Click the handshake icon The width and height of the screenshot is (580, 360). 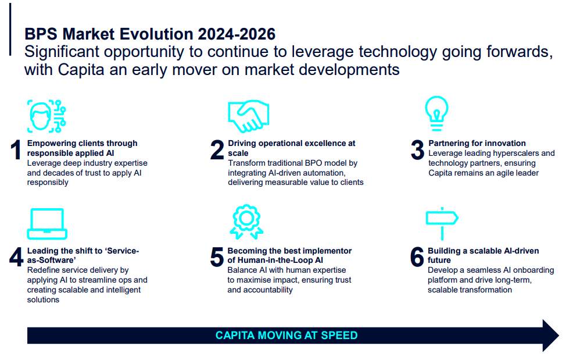(x=248, y=116)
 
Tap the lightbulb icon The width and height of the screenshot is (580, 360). (x=436, y=113)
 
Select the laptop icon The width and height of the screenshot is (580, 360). (x=47, y=224)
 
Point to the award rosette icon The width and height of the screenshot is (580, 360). (x=246, y=221)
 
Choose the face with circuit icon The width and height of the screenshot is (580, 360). (x=46, y=116)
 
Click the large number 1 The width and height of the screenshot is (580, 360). (x=16, y=150)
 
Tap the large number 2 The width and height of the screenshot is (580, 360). (x=217, y=150)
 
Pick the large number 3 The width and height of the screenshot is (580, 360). (x=417, y=150)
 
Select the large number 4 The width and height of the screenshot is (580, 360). (x=16, y=257)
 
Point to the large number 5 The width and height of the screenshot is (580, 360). (x=217, y=257)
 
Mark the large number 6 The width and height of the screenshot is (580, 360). (x=417, y=257)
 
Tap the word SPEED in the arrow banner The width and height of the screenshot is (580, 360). (x=339, y=336)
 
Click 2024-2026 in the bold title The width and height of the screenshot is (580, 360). (x=237, y=34)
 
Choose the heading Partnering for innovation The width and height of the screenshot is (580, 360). (x=477, y=143)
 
